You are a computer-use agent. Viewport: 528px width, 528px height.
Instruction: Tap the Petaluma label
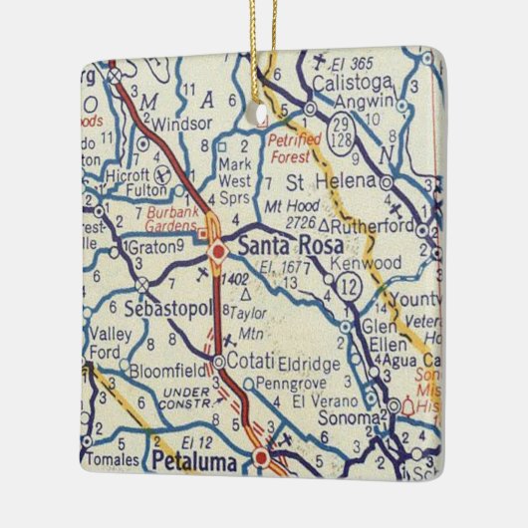coord(195,459)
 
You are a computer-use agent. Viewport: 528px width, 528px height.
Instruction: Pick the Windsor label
coord(179,125)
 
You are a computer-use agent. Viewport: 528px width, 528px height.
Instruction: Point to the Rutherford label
coord(380,226)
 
